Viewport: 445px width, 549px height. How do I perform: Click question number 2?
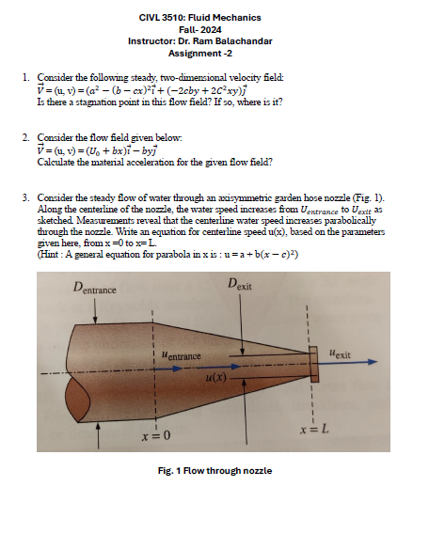[25, 138]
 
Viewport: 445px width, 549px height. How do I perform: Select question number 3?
[25, 200]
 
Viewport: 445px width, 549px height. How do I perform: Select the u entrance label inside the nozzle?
[183, 357]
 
